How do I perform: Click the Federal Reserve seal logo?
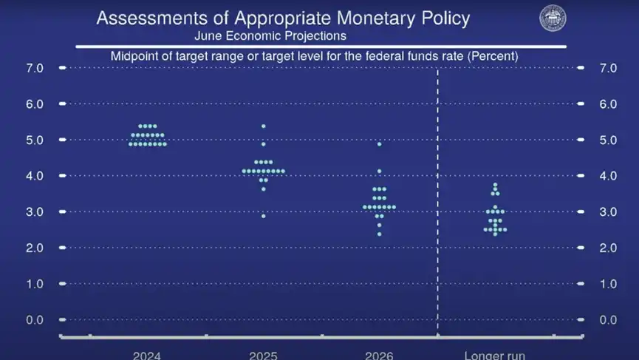(553, 18)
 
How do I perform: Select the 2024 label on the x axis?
(148, 355)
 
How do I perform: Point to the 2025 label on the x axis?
(264, 355)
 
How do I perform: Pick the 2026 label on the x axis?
(379, 355)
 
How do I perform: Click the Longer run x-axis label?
(494, 355)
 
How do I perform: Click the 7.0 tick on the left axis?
(35, 68)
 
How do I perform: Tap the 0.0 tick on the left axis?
(35, 319)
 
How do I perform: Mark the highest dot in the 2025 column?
(264, 126)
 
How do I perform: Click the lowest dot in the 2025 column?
(264, 216)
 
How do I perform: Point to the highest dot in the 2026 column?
(379, 144)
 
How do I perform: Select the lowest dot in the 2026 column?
(379, 234)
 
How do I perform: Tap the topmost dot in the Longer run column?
(495, 185)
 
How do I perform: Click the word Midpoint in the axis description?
(134, 55)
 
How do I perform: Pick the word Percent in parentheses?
(496, 55)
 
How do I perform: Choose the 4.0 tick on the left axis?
(35, 176)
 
